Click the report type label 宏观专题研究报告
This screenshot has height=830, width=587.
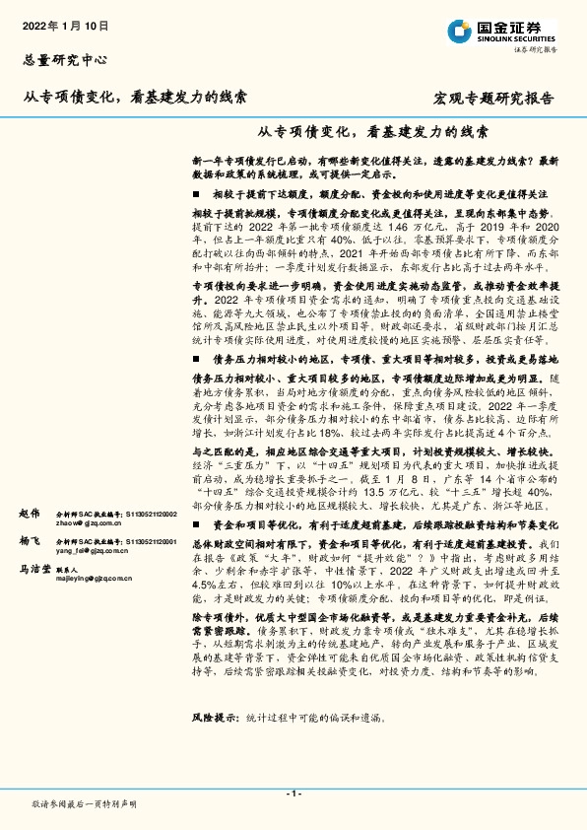tap(493, 99)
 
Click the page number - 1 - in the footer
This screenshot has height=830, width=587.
tap(293, 793)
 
